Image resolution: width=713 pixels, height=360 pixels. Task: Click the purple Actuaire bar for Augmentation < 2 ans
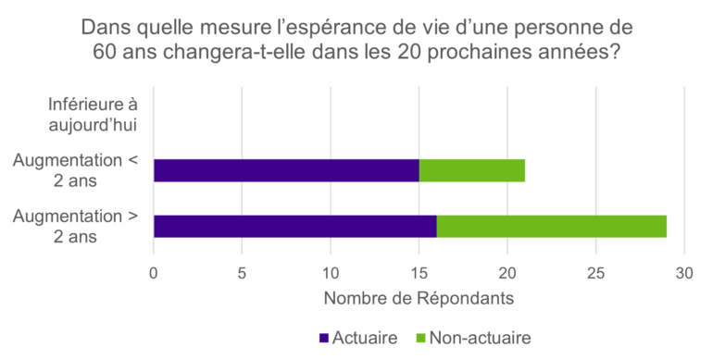coord(286,170)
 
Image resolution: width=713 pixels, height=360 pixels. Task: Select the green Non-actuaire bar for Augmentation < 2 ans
coord(472,170)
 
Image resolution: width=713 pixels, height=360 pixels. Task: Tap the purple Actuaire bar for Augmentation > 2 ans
coord(294,226)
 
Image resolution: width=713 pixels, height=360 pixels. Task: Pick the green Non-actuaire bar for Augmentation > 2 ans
coord(551,226)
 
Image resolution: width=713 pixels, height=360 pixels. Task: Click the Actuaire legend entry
coord(364,338)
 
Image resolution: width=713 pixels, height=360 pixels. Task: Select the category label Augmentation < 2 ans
coord(76,170)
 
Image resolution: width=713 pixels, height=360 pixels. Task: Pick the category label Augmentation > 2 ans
coord(76,227)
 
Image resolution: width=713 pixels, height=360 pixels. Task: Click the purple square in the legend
coord(323,338)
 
